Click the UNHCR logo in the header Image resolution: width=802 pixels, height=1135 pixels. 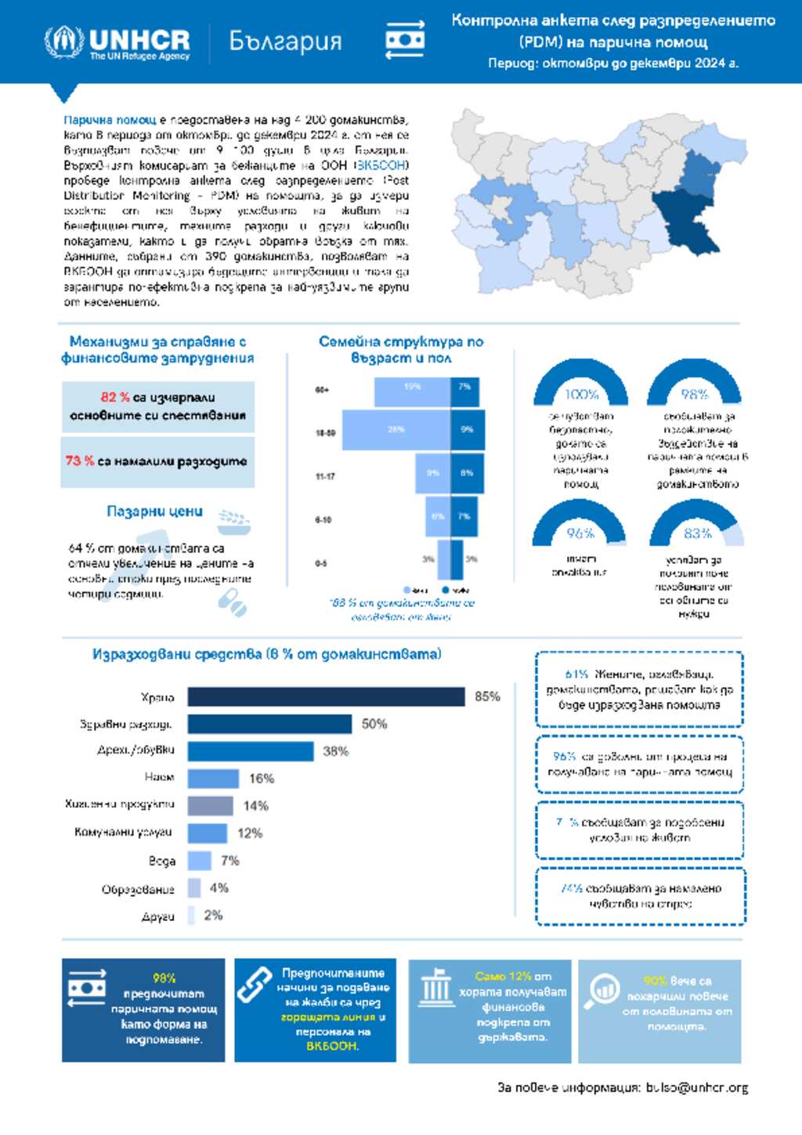tap(117, 42)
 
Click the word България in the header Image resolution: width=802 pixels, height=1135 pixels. tap(285, 41)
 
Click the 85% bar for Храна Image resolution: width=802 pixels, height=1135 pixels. tap(326, 697)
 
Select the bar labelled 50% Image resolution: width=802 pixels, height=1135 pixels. tap(269, 725)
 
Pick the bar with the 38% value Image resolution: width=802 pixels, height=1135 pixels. tap(251, 752)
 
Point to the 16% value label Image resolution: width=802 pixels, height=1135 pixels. tap(262, 779)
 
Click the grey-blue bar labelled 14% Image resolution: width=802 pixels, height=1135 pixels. tap(210, 806)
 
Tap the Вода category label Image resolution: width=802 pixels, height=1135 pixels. tap(162, 861)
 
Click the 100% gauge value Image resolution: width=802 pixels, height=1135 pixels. tap(581, 394)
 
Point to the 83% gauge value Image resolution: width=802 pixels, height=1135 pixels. tap(697, 533)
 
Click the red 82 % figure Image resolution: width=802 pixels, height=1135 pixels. tap(115, 397)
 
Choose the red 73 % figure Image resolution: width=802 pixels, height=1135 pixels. tap(80, 461)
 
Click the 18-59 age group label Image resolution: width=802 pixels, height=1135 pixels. tap(325, 432)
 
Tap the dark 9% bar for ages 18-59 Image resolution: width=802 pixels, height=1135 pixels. tap(467, 430)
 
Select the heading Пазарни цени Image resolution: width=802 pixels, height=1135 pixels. tap(154, 511)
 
